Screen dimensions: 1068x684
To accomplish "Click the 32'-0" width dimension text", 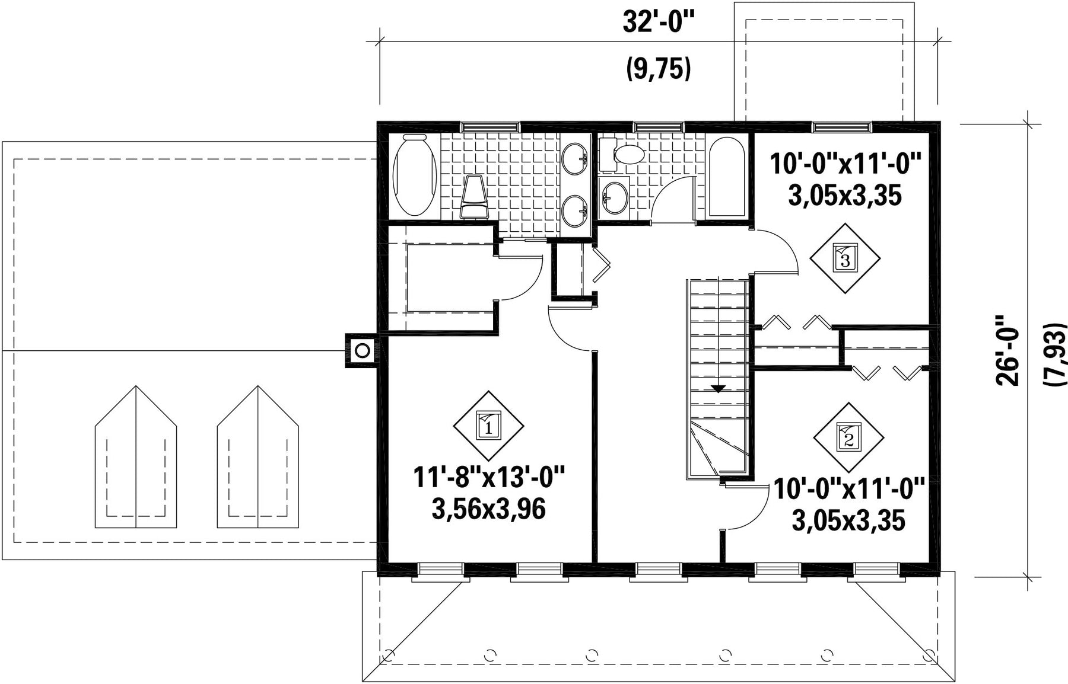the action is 658,23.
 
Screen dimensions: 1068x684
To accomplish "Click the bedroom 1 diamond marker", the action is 488,426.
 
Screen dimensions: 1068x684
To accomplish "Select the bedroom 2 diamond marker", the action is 848,438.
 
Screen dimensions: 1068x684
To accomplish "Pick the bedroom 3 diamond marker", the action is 845,258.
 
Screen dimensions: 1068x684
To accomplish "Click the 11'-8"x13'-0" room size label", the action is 489,477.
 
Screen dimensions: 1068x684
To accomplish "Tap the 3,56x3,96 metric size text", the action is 489,509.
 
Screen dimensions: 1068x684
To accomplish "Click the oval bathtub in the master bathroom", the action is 415,175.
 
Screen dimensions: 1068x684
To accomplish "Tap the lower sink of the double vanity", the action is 576,211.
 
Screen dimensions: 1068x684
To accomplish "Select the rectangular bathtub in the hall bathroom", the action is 727,177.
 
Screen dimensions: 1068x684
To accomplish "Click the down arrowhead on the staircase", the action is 719,389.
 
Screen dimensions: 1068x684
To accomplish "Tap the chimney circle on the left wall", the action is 362,351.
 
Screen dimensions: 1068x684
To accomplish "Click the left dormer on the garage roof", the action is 136,457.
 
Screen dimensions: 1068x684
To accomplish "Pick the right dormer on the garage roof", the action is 258,457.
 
